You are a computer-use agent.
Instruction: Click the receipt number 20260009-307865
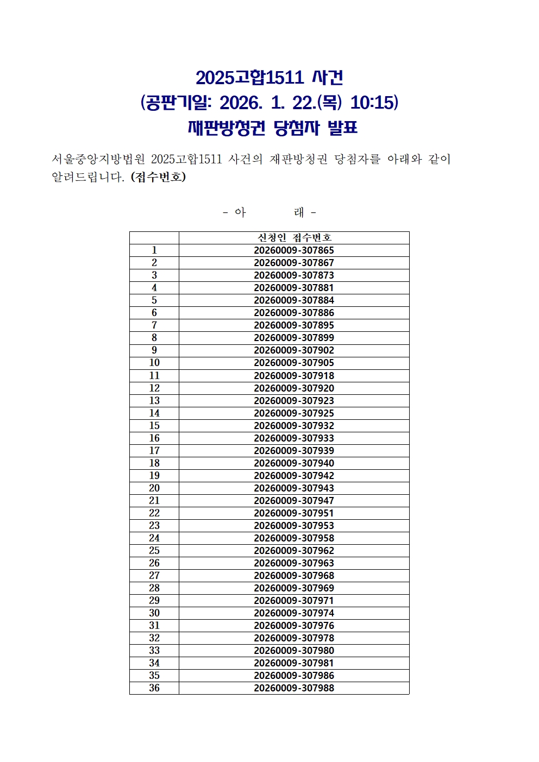(x=294, y=250)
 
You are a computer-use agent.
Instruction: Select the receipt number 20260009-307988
(x=294, y=688)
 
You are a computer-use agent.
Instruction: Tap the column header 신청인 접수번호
(x=294, y=238)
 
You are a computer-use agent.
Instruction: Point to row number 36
(x=154, y=688)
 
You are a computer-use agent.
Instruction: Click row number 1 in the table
(x=154, y=250)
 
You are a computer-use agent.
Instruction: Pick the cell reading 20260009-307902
(x=294, y=350)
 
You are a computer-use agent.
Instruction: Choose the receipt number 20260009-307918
(x=294, y=376)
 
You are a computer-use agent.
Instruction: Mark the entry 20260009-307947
(x=294, y=501)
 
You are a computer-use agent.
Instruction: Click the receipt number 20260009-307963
(x=294, y=563)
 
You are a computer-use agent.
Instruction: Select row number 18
(x=154, y=463)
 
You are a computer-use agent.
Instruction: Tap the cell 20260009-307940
(x=294, y=463)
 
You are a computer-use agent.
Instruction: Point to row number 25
(x=154, y=551)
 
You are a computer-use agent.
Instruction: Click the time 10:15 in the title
(x=374, y=103)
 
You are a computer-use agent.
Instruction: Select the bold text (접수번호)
(x=158, y=177)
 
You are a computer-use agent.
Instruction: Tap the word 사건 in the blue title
(x=328, y=78)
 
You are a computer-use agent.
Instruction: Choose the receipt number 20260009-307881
(x=294, y=288)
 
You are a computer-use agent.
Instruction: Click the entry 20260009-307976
(x=294, y=626)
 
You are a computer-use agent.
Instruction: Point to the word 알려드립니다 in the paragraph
(x=87, y=177)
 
